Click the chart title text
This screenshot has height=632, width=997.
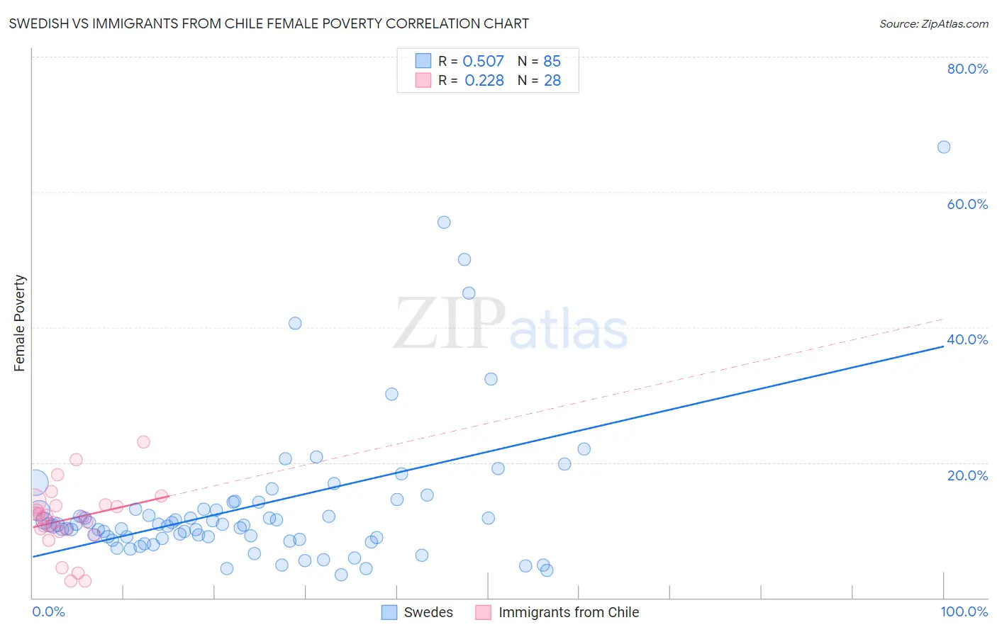click(x=269, y=23)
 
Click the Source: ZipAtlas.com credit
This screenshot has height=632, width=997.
click(x=933, y=23)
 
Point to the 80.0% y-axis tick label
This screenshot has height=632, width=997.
click(x=967, y=69)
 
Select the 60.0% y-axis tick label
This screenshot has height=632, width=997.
click(x=967, y=204)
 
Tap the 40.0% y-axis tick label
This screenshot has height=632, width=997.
click(x=967, y=339)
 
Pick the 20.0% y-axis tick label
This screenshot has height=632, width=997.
click(x=967, y=475)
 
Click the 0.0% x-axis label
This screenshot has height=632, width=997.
click(x=48, y=611)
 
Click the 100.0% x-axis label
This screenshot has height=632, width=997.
click(x=964, y=611)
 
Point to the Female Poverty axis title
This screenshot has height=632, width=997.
click(x=19, y=323)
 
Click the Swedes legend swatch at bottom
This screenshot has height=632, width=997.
click(x=389, y=612)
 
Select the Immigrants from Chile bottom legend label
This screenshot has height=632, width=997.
click(x=568, y=612)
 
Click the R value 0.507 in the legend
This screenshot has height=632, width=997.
click(x=483, y=62)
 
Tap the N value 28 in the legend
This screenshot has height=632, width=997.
click(x=552, y=81)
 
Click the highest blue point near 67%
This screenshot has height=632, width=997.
click(x=943, y=147)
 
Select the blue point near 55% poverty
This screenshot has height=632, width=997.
click(x=444, y=222)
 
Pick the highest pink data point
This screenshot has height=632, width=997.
click(x=143, y=442)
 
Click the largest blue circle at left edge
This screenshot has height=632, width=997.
click(x=35, y=483)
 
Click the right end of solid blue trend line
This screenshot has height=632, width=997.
click(x=943, y=346)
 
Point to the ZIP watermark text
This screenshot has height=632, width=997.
click(x=450, y=325)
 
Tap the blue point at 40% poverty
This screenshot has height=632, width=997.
click(x=295, y=323)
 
